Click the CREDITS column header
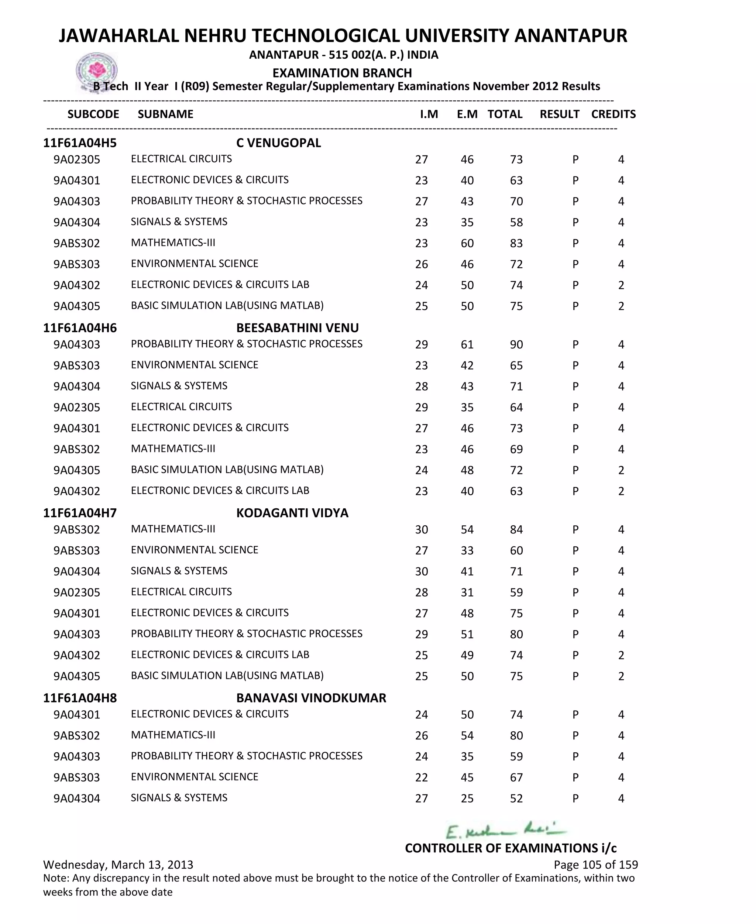point(613,114)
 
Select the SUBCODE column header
point(93,114)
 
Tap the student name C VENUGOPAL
point(278,143)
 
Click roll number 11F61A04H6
point(80,328)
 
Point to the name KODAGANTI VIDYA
point(292,513)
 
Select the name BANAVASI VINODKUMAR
point(311,698)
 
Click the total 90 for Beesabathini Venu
point(516,345)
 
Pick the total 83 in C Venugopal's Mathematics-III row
point(516,243)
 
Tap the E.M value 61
point(467,345)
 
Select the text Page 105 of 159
point(595,865)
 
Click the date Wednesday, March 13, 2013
point(118,865)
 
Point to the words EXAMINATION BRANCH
point(342,73)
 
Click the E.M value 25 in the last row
point(467,798)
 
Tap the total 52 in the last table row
point(516,798)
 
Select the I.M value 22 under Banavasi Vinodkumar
point(421,778)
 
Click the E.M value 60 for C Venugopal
point(467,243)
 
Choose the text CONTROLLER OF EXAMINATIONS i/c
point(511,848)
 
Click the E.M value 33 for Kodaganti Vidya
point(467,551)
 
